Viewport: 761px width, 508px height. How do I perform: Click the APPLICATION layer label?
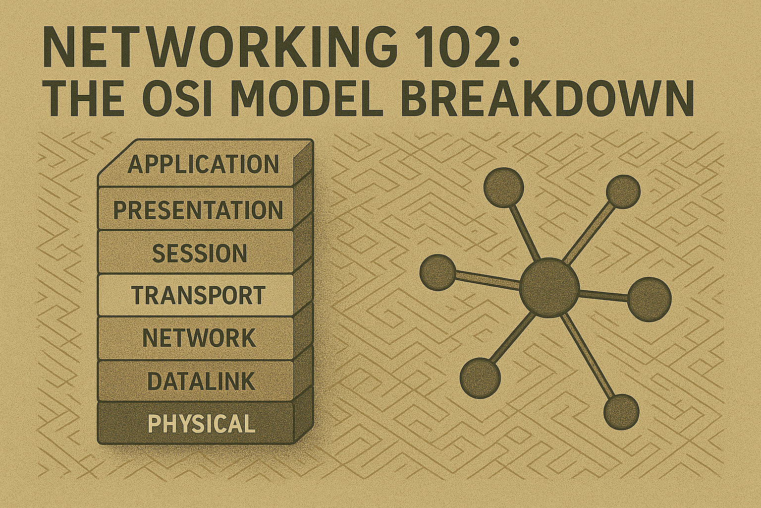pyautogui.click(x=203, y=165)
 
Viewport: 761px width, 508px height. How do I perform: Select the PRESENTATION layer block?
pyautogui.click(x=198, y=210)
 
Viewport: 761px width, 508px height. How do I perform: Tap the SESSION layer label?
pyautogui.click(x=199, y=254)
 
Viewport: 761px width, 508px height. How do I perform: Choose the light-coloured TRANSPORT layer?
pyautogui.click(x=198, y=296)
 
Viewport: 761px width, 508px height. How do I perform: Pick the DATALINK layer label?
pyautogui.click(x=201, y=381)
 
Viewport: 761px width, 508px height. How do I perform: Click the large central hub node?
pyautogui.click(x=549, y=287)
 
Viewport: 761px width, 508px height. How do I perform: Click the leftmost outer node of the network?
pyautogui.click(x=437, y=272)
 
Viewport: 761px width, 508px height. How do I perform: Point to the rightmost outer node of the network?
pyautogui.click(x=650, y=299)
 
